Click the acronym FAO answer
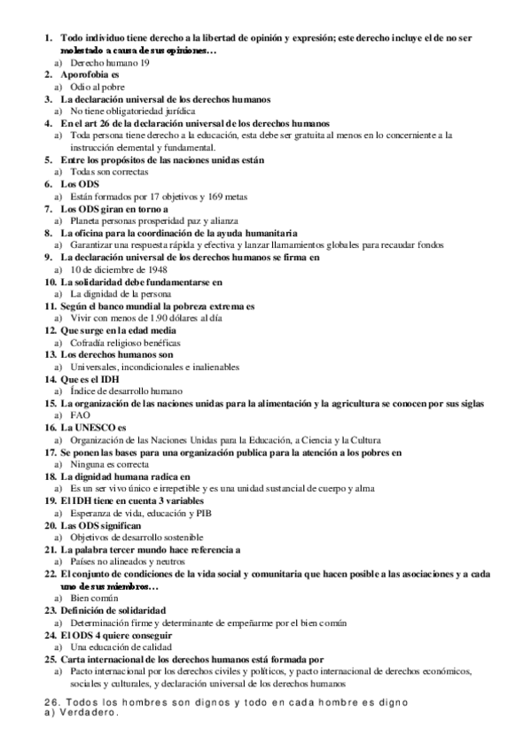pos(79,414)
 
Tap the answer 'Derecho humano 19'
pos(110,64)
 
